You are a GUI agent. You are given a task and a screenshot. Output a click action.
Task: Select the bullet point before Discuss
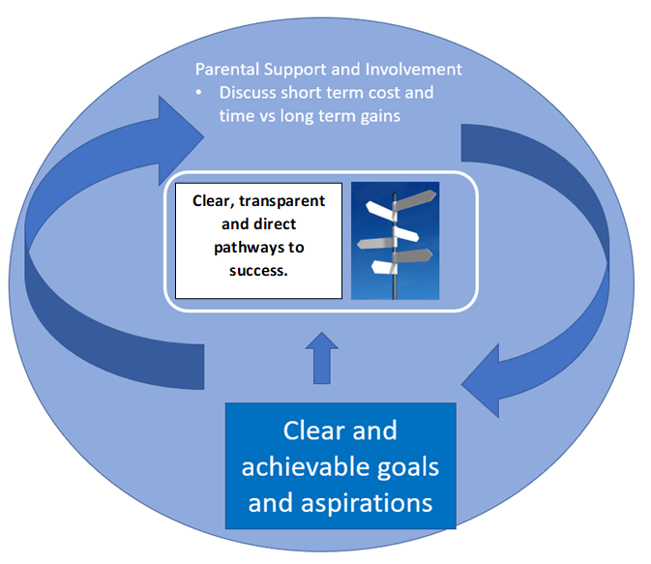click(x=199, y=93)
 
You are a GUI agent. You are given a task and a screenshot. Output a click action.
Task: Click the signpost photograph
click(x=395, y=241)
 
